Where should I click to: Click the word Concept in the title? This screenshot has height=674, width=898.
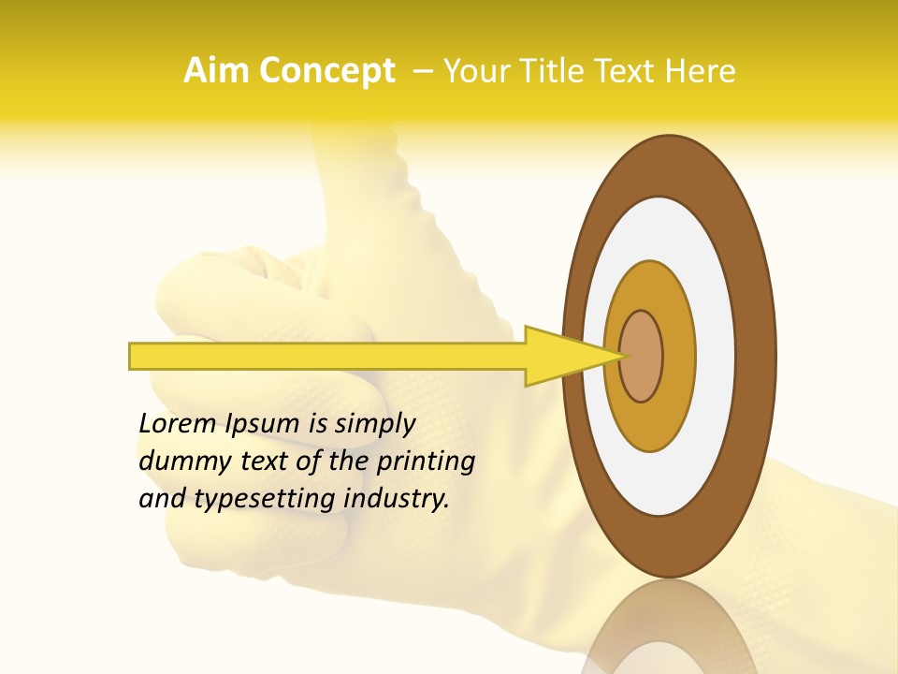coord(326,71)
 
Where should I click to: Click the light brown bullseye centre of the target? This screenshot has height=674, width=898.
coord(642,356)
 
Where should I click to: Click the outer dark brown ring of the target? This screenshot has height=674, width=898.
coord(758,356)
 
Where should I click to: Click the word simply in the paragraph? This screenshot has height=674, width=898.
coord(374,424)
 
